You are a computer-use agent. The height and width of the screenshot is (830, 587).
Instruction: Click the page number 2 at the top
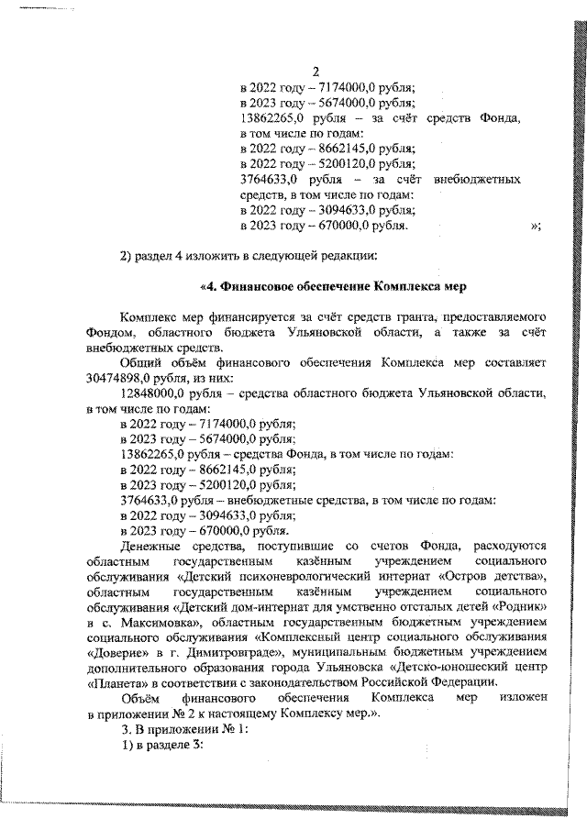point(317,72)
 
